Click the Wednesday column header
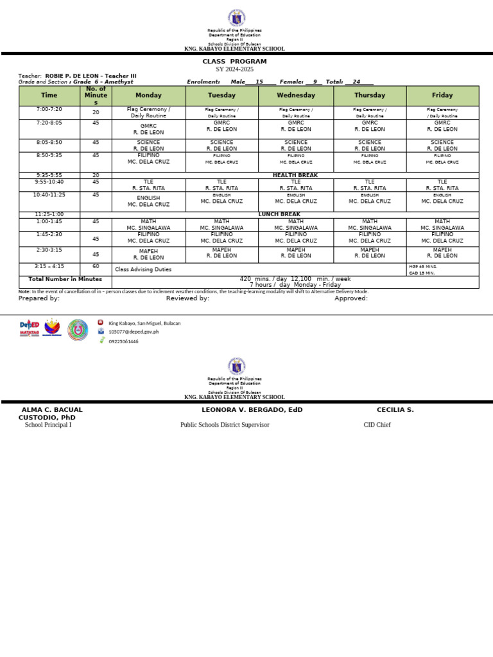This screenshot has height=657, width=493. coord(296,95)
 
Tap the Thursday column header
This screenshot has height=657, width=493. coord(370,95)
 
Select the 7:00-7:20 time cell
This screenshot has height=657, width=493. coord(49,110)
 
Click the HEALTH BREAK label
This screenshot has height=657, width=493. coord(295,175)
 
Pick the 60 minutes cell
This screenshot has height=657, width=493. coord(96,266)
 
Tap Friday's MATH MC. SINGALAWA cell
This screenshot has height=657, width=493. coord(442,225)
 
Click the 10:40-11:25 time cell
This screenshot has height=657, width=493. coord(49,194)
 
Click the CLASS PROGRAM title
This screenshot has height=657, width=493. coord(234,62)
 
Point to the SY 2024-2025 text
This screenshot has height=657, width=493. coord(234,69)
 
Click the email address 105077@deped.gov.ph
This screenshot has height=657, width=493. coord(134,332)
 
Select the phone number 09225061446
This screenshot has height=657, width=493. coord(123,341)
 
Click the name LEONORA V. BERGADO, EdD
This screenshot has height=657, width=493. coord(252,409)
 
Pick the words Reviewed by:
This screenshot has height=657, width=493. coord(187,298)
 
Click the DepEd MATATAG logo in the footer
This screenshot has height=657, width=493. coord(30,329)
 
